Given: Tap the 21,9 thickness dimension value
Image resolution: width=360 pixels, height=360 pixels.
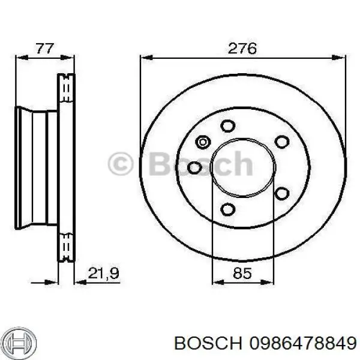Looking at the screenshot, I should [104, 274].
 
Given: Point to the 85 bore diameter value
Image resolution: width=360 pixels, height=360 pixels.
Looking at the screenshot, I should [242, 274].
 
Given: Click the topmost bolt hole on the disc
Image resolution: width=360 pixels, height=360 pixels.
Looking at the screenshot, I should [227, 126].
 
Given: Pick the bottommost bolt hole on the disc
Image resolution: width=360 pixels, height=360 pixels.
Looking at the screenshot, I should [227, 209].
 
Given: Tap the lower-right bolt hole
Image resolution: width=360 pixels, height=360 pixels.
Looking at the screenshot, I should [280, 193].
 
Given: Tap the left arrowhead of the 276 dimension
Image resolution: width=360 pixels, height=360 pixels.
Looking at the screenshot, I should [145, 58].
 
